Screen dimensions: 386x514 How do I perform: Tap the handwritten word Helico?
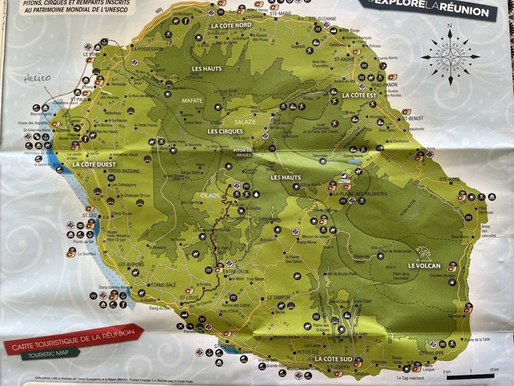[x=37, y=78]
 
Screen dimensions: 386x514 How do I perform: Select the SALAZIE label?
[x=244, y=122]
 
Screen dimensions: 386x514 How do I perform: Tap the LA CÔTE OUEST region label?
[x=94, y=165]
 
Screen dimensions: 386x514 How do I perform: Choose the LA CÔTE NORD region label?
[x=231, y=25]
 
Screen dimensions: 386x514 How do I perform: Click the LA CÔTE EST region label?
[x=359, y=95]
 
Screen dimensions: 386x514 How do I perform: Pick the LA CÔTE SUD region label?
[x=333, y=358]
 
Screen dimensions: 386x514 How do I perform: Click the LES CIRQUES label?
[x=226, y=131]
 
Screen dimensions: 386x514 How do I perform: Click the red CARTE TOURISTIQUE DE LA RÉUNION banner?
[x=75, y=340]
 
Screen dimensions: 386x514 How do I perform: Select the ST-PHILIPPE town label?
[x=431, y=353]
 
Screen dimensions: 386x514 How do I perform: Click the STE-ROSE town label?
[x=450, y=179]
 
